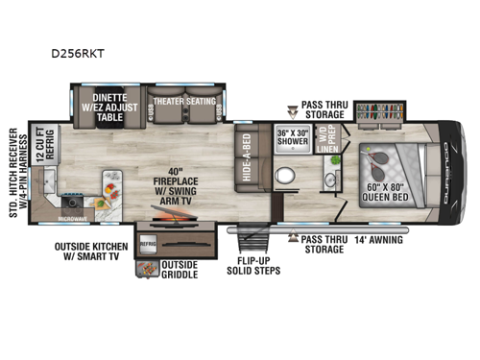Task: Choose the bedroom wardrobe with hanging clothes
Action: (x=381, y=111)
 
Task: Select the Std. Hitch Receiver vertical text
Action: (x=14, y=173)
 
